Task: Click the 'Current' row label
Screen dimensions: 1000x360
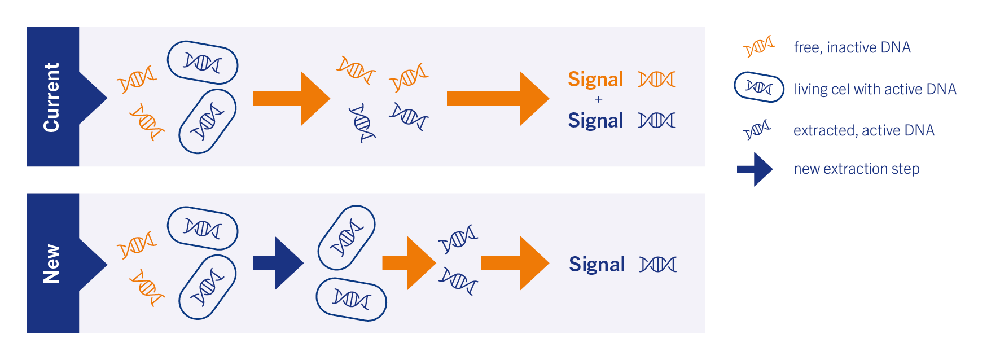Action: coord(51,97)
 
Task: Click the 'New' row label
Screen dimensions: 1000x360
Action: coord(51,264)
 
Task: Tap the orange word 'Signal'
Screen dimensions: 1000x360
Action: coord(595,80)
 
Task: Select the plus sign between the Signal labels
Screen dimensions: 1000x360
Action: coord(599,99)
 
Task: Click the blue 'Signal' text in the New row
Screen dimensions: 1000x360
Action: coord(597,265)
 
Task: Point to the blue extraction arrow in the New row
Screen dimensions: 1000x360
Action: coord(278,263)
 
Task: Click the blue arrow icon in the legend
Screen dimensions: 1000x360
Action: coord(755,169)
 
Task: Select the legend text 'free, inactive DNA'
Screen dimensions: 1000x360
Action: coord(852,47)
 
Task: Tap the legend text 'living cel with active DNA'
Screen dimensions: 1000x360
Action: coord(875,89)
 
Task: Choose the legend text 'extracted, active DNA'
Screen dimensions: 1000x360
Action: coord(863,130)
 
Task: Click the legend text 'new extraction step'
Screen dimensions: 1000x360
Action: coord(856,169)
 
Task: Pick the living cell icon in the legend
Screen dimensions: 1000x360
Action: coord(759,87)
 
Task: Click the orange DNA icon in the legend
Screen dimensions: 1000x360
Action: coord(759,47)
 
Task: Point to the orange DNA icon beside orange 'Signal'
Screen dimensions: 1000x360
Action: coord(656,80)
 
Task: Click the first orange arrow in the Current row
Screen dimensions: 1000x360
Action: coord(291,99)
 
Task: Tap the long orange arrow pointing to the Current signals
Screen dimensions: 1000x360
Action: coord(498,99)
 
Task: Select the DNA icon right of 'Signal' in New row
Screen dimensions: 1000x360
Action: coord(658,264)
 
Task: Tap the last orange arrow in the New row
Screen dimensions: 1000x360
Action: coord(515,263)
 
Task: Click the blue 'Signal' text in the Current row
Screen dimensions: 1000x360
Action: coord(595,121)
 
